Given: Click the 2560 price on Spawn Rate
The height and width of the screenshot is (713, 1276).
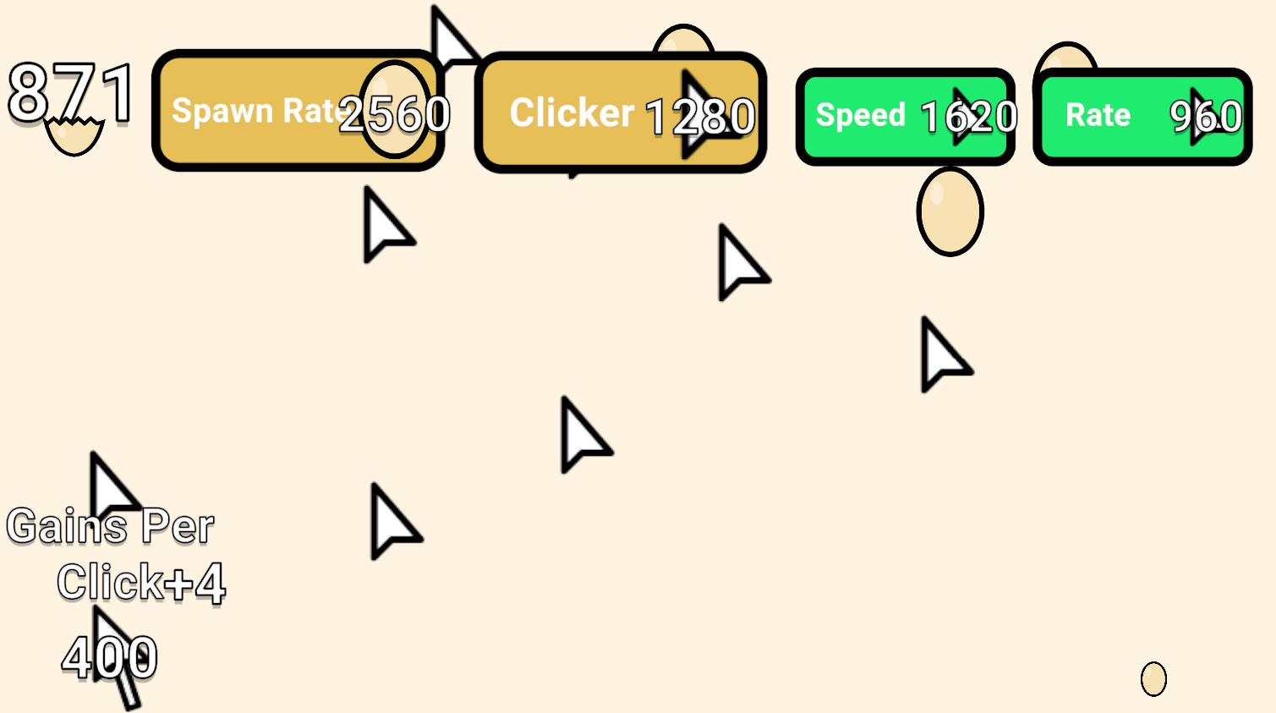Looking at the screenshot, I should (x=395, y=114).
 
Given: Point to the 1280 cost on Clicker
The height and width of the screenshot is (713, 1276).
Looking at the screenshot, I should (x=700, y=117).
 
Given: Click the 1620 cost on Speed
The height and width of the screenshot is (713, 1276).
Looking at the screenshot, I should (x=968, y=117).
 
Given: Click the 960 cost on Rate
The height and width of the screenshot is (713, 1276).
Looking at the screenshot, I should (x=1205, y=117).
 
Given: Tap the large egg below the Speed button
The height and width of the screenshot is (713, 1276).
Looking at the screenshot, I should (x=950, y=211).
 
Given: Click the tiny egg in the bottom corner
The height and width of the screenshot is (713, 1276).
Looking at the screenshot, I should (x=1153, y=678).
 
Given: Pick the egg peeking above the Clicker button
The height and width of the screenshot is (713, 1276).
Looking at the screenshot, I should (x=683, y=40).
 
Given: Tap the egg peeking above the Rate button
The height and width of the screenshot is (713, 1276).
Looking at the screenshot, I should (x=1066, y=58).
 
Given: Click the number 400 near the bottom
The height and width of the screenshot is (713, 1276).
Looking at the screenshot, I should (x=110, y=657).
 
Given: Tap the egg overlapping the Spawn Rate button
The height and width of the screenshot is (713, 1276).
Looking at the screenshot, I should (x=394, y=108).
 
